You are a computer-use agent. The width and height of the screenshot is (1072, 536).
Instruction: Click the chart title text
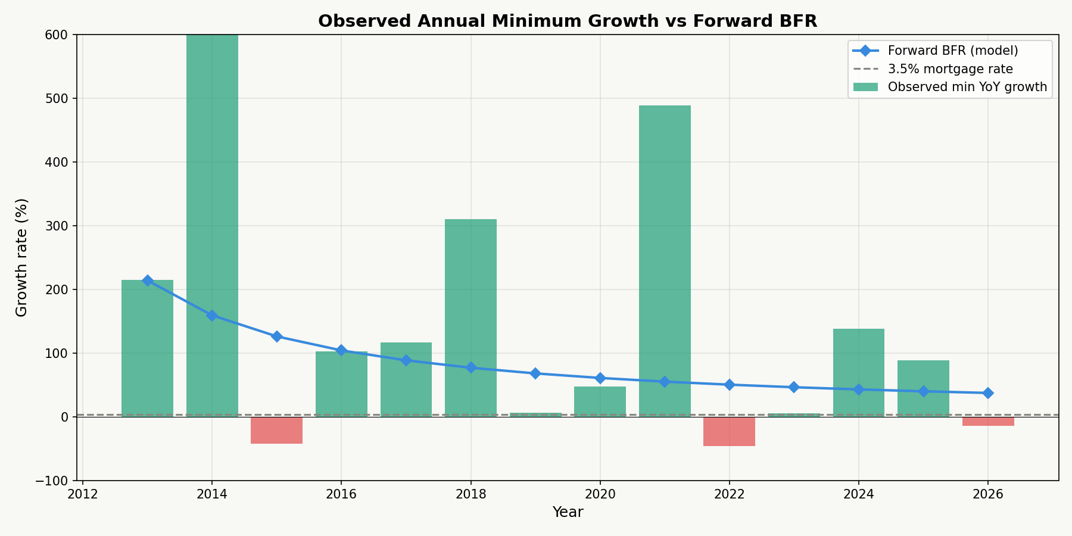pos(567,21)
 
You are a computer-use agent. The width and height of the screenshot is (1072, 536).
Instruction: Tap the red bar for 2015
pos(276,430)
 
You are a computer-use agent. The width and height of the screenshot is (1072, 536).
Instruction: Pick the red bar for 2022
pos(729,431)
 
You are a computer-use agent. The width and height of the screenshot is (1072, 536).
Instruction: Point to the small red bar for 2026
pos(988,421)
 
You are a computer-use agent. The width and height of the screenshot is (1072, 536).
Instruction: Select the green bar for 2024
pos(858,372)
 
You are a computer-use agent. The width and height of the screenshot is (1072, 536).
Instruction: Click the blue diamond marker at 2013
pos(147,281)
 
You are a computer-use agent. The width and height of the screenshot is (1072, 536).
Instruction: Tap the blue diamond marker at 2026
pos(988,393)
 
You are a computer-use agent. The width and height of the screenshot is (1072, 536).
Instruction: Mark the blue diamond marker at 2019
pos(535,373)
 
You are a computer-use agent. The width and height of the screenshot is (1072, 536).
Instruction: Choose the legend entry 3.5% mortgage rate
pos(950,69)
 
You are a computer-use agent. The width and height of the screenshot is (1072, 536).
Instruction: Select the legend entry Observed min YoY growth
pos(967,87)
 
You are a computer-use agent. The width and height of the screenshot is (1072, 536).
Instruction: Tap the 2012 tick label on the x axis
pos(82,494)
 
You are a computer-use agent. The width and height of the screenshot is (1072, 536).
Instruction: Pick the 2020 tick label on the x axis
pos(600,494)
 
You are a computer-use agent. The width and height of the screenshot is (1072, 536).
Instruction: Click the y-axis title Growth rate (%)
pos(22,257)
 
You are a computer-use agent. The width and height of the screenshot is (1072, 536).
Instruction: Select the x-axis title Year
pos(567,512)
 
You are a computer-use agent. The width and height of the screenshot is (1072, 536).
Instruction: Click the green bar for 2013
pos(147,348)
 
